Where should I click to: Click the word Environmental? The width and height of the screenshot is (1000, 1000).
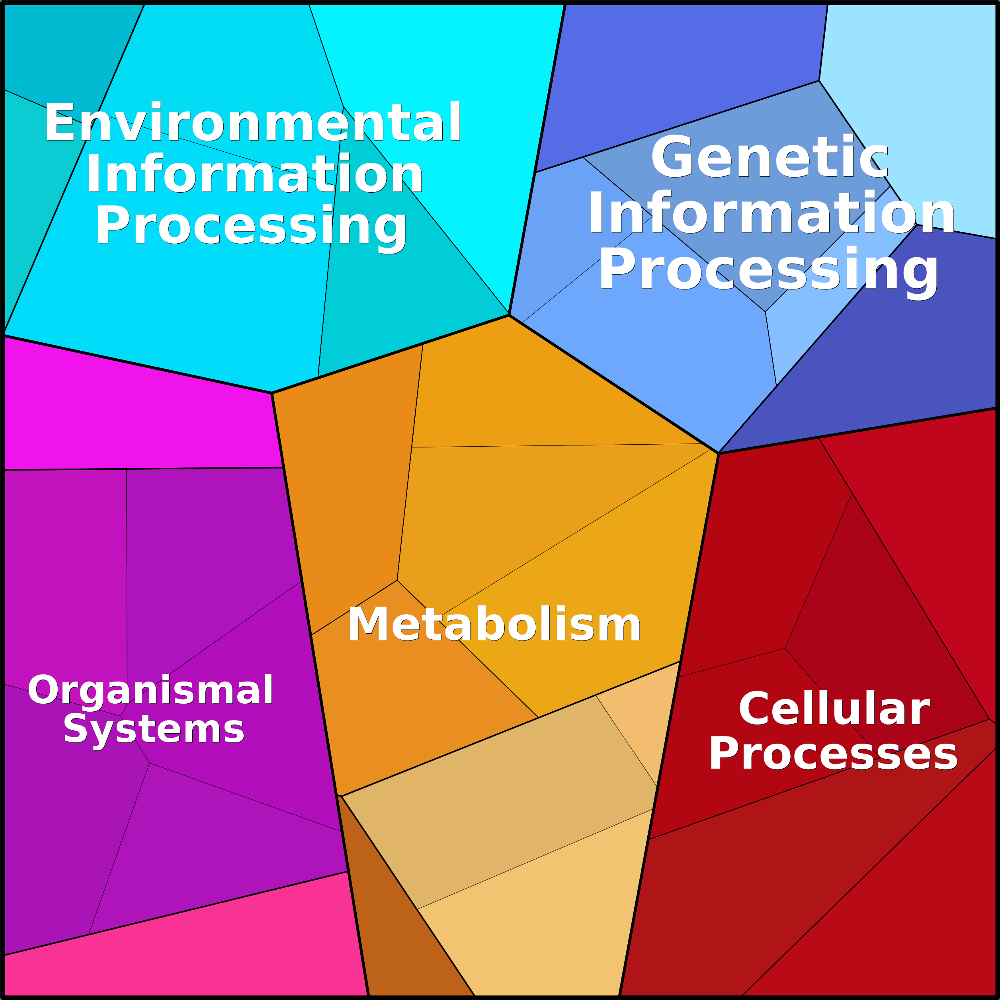(x=253, y=122)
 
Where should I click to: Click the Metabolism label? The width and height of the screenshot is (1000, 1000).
(x=494, y=624)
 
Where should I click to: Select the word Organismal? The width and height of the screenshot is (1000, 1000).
(x=150, y=690)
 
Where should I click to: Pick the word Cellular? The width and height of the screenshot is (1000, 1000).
(x=834, y=709)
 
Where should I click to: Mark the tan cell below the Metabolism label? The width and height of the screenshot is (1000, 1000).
(x=497, y=797)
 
